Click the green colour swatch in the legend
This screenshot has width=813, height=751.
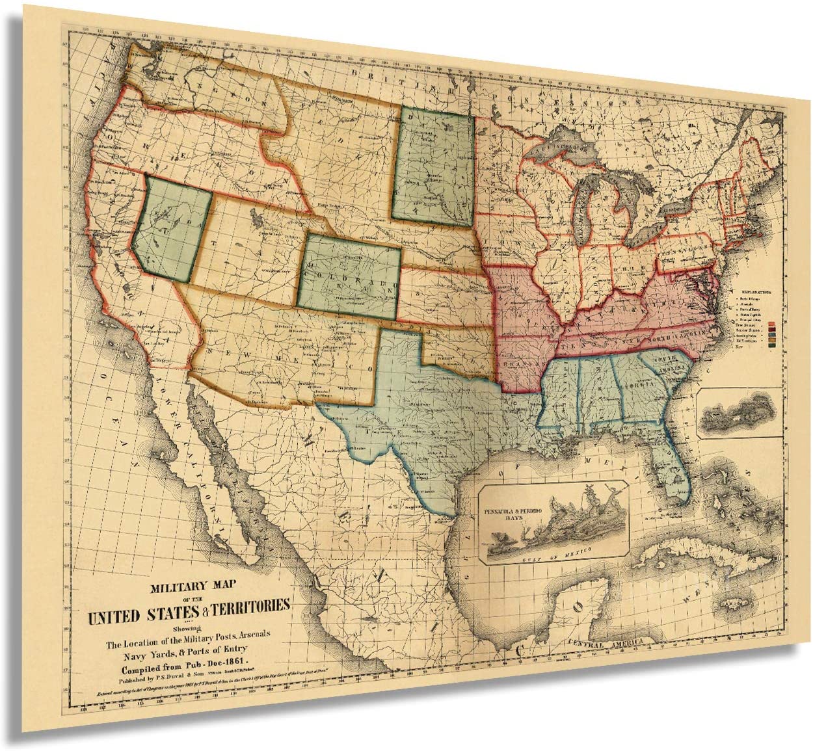coord(772,346)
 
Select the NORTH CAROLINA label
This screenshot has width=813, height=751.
coord(676,338)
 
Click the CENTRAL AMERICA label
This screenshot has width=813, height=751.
coord(605,642)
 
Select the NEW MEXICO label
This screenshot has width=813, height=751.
coord(280,358)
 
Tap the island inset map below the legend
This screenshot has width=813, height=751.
coord(738,413)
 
